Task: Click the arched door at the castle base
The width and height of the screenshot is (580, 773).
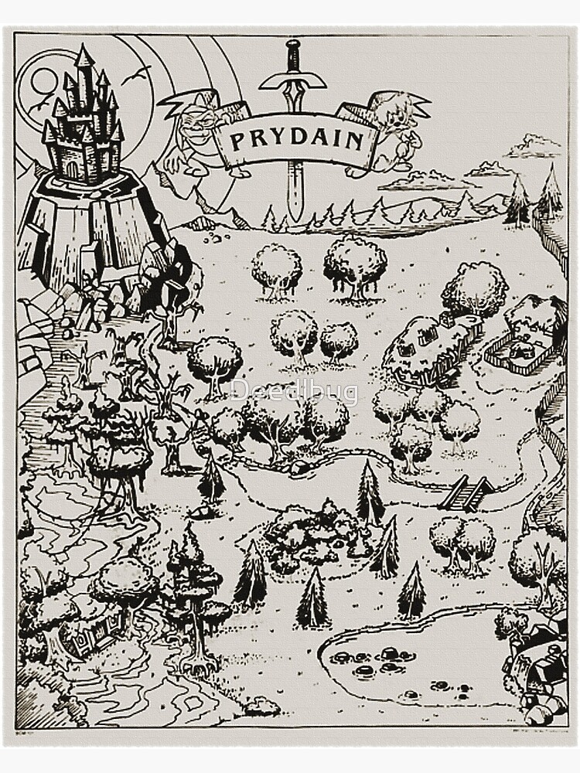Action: click(73, 168)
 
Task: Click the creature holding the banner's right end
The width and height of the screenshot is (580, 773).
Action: click(391, 128)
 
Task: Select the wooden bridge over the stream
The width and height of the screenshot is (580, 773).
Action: click(466, 492)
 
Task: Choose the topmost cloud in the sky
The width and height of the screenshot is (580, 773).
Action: click(533, 144)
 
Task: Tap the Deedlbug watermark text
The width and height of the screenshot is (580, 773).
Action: click(294, 392)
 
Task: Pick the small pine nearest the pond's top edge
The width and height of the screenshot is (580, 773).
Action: click(411, 591)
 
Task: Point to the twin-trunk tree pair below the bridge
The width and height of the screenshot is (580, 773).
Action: click(462, 540)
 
